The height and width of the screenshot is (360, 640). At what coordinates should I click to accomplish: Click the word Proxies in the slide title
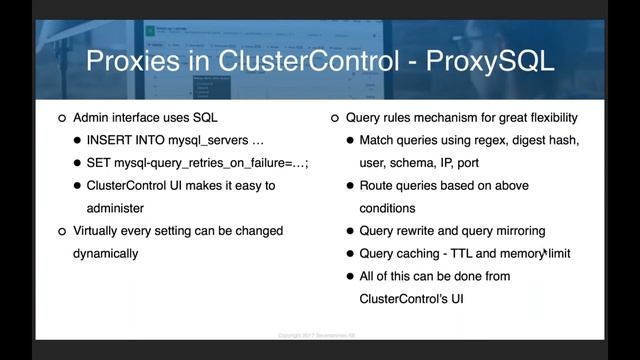pos(133,61)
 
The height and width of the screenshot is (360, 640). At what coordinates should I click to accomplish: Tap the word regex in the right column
pos(478,140)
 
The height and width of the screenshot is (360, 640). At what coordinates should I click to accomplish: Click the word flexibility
pos(546,117)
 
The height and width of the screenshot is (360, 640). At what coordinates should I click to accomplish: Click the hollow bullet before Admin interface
pos(62,118)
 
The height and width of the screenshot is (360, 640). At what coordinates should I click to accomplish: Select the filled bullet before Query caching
pos(349,254)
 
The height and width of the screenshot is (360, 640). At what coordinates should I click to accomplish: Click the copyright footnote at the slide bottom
pos(320,336)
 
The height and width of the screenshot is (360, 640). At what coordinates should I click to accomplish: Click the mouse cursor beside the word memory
pos(545,256)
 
